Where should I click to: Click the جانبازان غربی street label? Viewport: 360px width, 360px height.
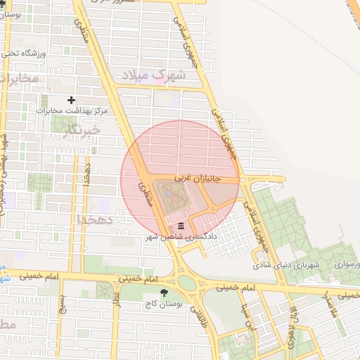click(x=198, y=179)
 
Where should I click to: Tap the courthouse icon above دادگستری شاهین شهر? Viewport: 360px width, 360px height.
click(x=182, y=226)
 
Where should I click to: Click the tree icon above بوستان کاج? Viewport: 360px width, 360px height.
click(x=164, y=292)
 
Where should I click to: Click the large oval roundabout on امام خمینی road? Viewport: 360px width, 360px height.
click(x=187, y=283)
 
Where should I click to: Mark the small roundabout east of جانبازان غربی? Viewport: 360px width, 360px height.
click(x=243, y=180)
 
